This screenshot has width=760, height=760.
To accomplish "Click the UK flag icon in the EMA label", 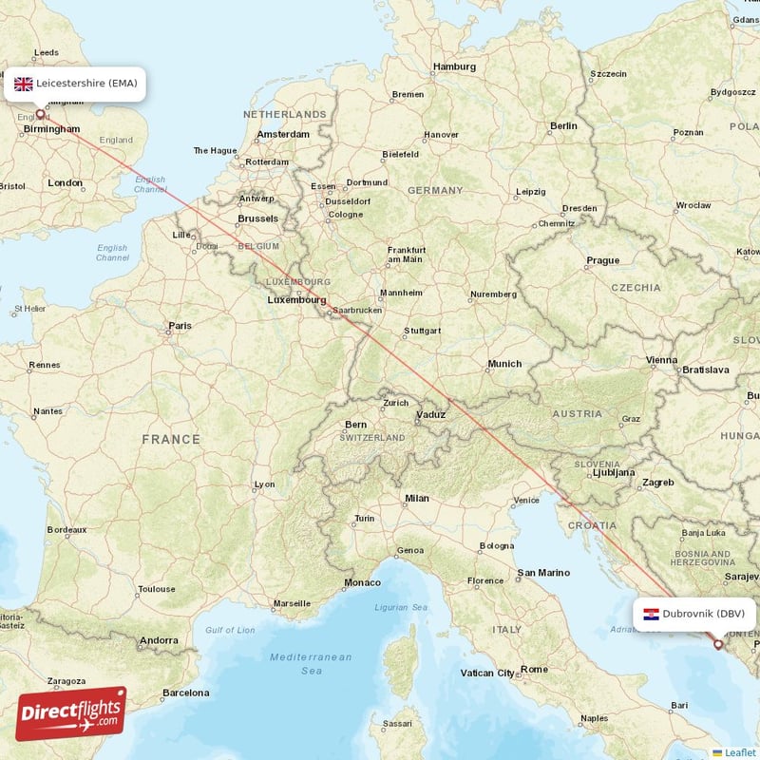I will tap(24, 84).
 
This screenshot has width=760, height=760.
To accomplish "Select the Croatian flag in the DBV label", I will tap(651, 614).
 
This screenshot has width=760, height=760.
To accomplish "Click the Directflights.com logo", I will tap(70, 713).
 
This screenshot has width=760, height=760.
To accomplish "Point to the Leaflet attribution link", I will tap(739, 752).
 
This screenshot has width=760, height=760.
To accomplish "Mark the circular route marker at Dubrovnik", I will tap(718, 644).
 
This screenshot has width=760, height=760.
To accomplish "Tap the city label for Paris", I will tap(180, 326).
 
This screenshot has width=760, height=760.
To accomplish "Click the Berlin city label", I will tap(563, 125).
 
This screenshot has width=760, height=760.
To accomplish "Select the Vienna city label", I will tap(661, 360).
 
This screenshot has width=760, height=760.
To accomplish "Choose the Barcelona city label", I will tap(185, 693).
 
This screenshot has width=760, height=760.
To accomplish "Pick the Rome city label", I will tap(534, 669).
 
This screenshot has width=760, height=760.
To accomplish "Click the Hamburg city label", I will tap(454, 66).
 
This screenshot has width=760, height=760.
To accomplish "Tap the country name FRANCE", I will tap(171, 439).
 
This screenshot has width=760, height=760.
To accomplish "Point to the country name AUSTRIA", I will tap(577, 413).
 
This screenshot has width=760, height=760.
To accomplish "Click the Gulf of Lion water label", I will tap(230, 630).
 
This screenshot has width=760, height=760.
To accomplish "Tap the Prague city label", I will tap(602, 260).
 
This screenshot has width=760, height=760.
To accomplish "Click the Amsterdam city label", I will tap(282, 135).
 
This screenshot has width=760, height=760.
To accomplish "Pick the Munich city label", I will tap(504, 363).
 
